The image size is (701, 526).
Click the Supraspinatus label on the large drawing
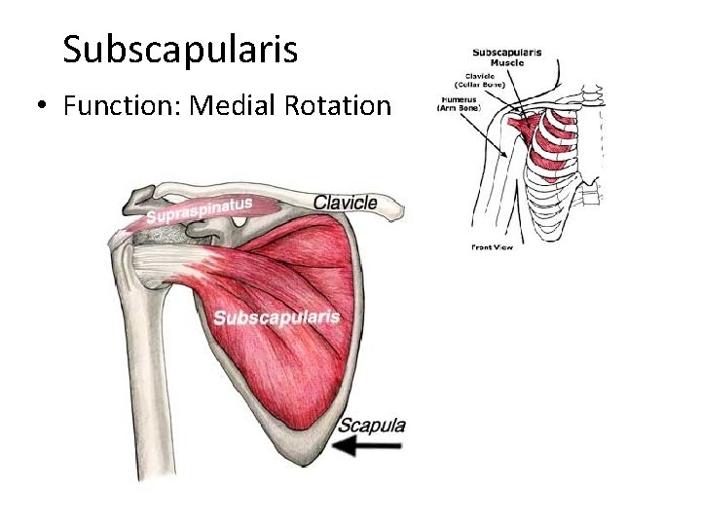tap(200, 209)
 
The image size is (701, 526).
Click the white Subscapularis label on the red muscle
tap(277, 317)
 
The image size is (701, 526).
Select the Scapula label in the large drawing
tap(372, 425)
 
